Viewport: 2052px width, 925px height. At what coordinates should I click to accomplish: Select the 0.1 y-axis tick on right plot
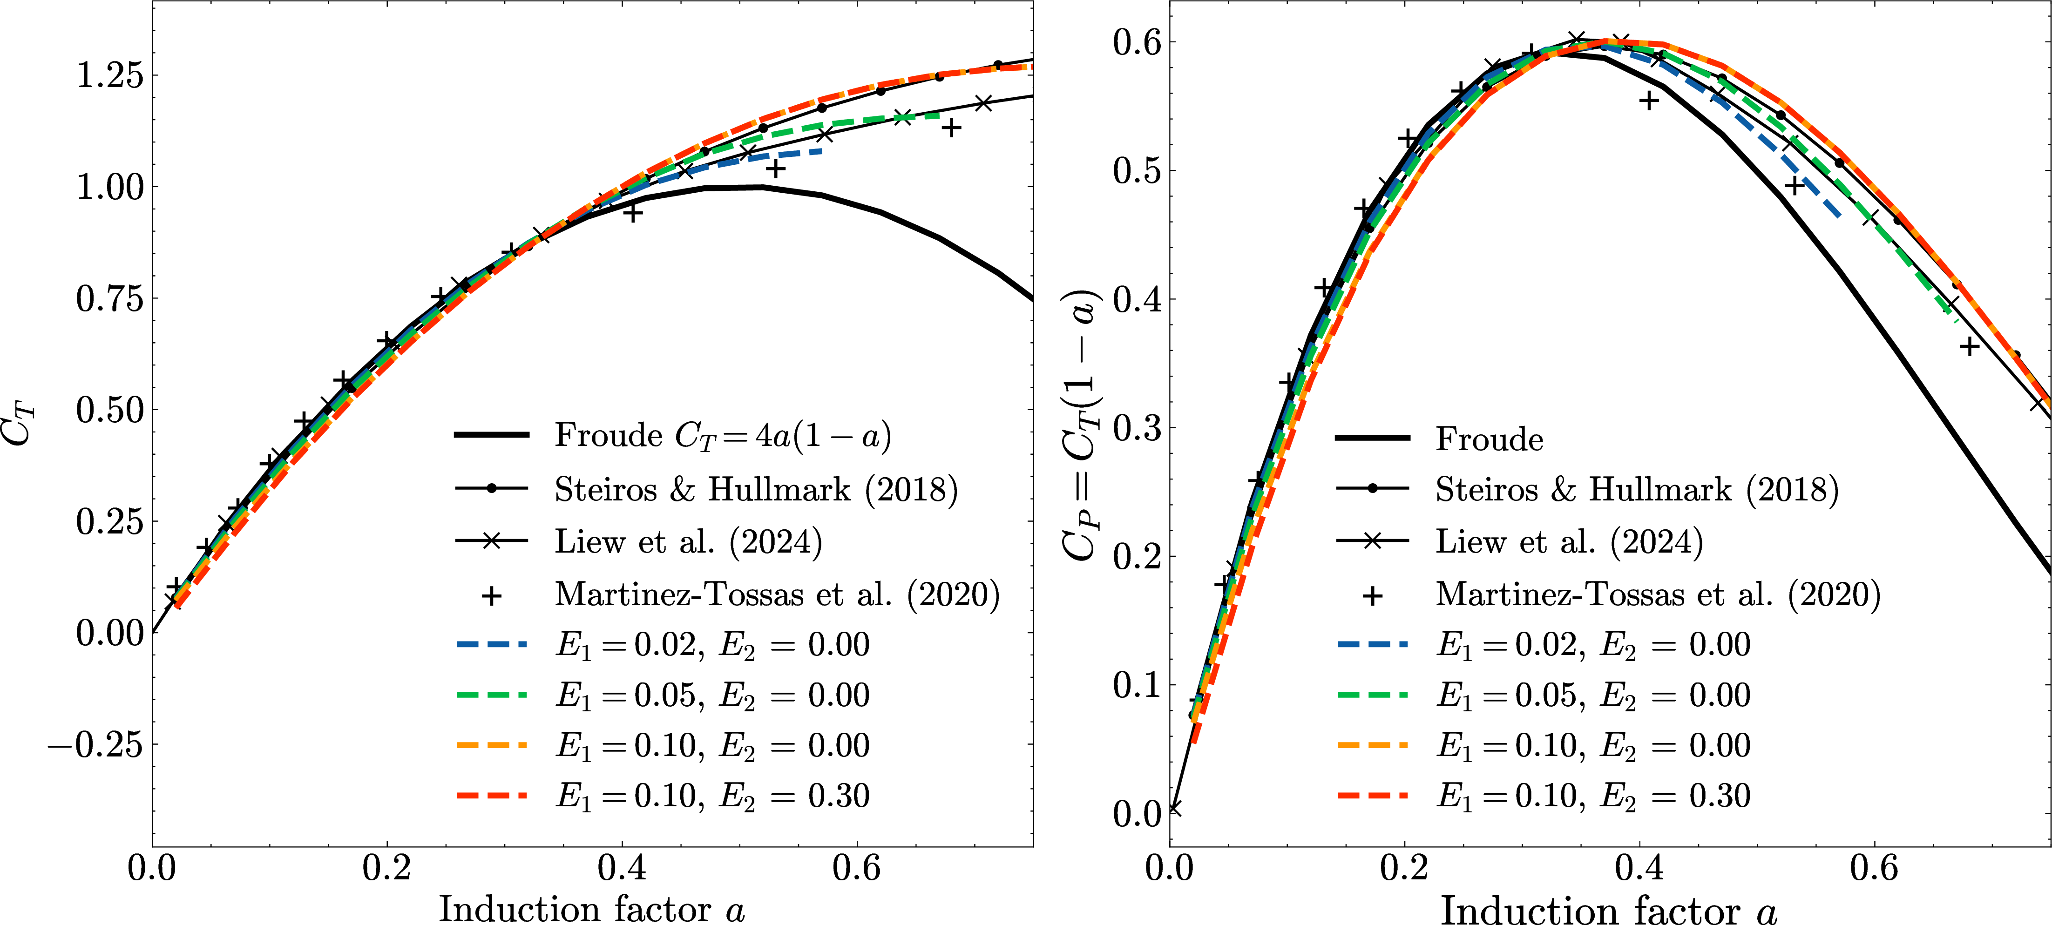(x=1138, y=685)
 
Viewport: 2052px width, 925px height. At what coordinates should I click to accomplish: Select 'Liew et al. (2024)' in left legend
(x=688, y=542)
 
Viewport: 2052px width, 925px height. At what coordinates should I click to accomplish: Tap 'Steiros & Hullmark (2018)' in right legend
(x=1637, y=489)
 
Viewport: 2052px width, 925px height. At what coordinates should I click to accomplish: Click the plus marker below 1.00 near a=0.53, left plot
(x=776, y=168)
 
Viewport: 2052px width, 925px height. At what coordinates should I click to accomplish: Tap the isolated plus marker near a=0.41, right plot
(x=1649, y=101)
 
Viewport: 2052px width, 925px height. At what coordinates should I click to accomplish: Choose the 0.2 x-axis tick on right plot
(x=1404, y=868)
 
